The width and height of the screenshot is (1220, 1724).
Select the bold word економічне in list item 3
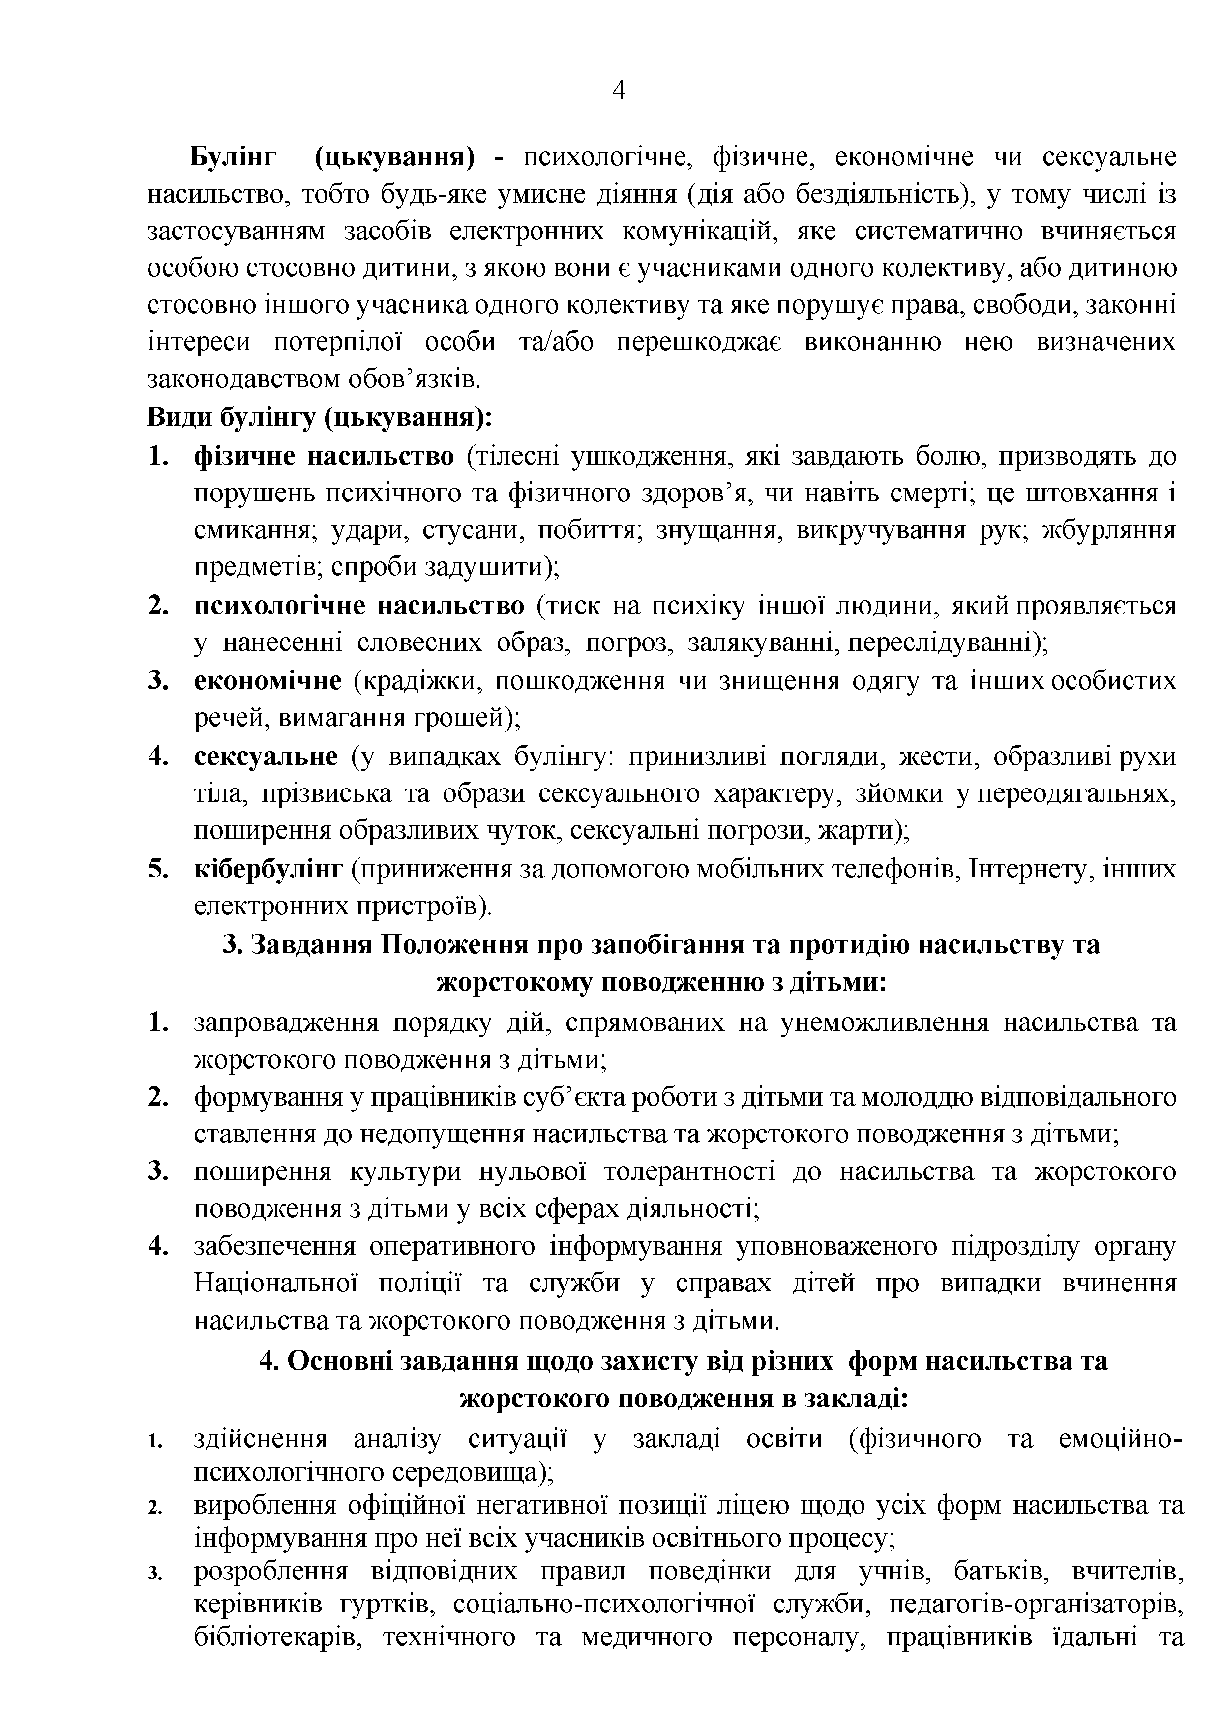click(x=268, y=681)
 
